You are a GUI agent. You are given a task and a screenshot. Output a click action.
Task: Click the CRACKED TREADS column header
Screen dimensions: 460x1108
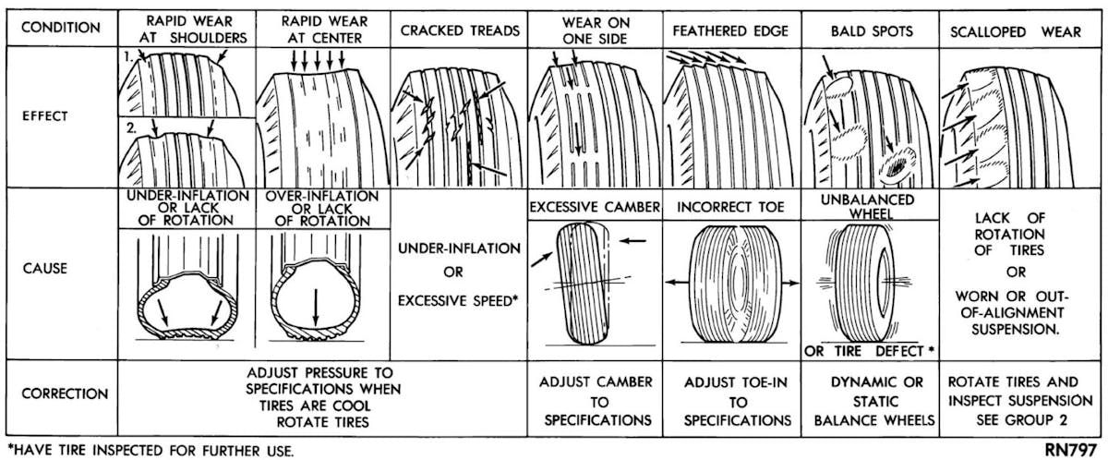coord(460,30)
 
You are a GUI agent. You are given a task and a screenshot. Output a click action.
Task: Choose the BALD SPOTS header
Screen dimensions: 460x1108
coord(859,30)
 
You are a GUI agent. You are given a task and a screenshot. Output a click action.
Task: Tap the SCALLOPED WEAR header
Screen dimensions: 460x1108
coord(1016,30)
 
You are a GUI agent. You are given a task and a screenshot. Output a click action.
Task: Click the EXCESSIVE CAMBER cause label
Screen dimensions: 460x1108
coord(594,208)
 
